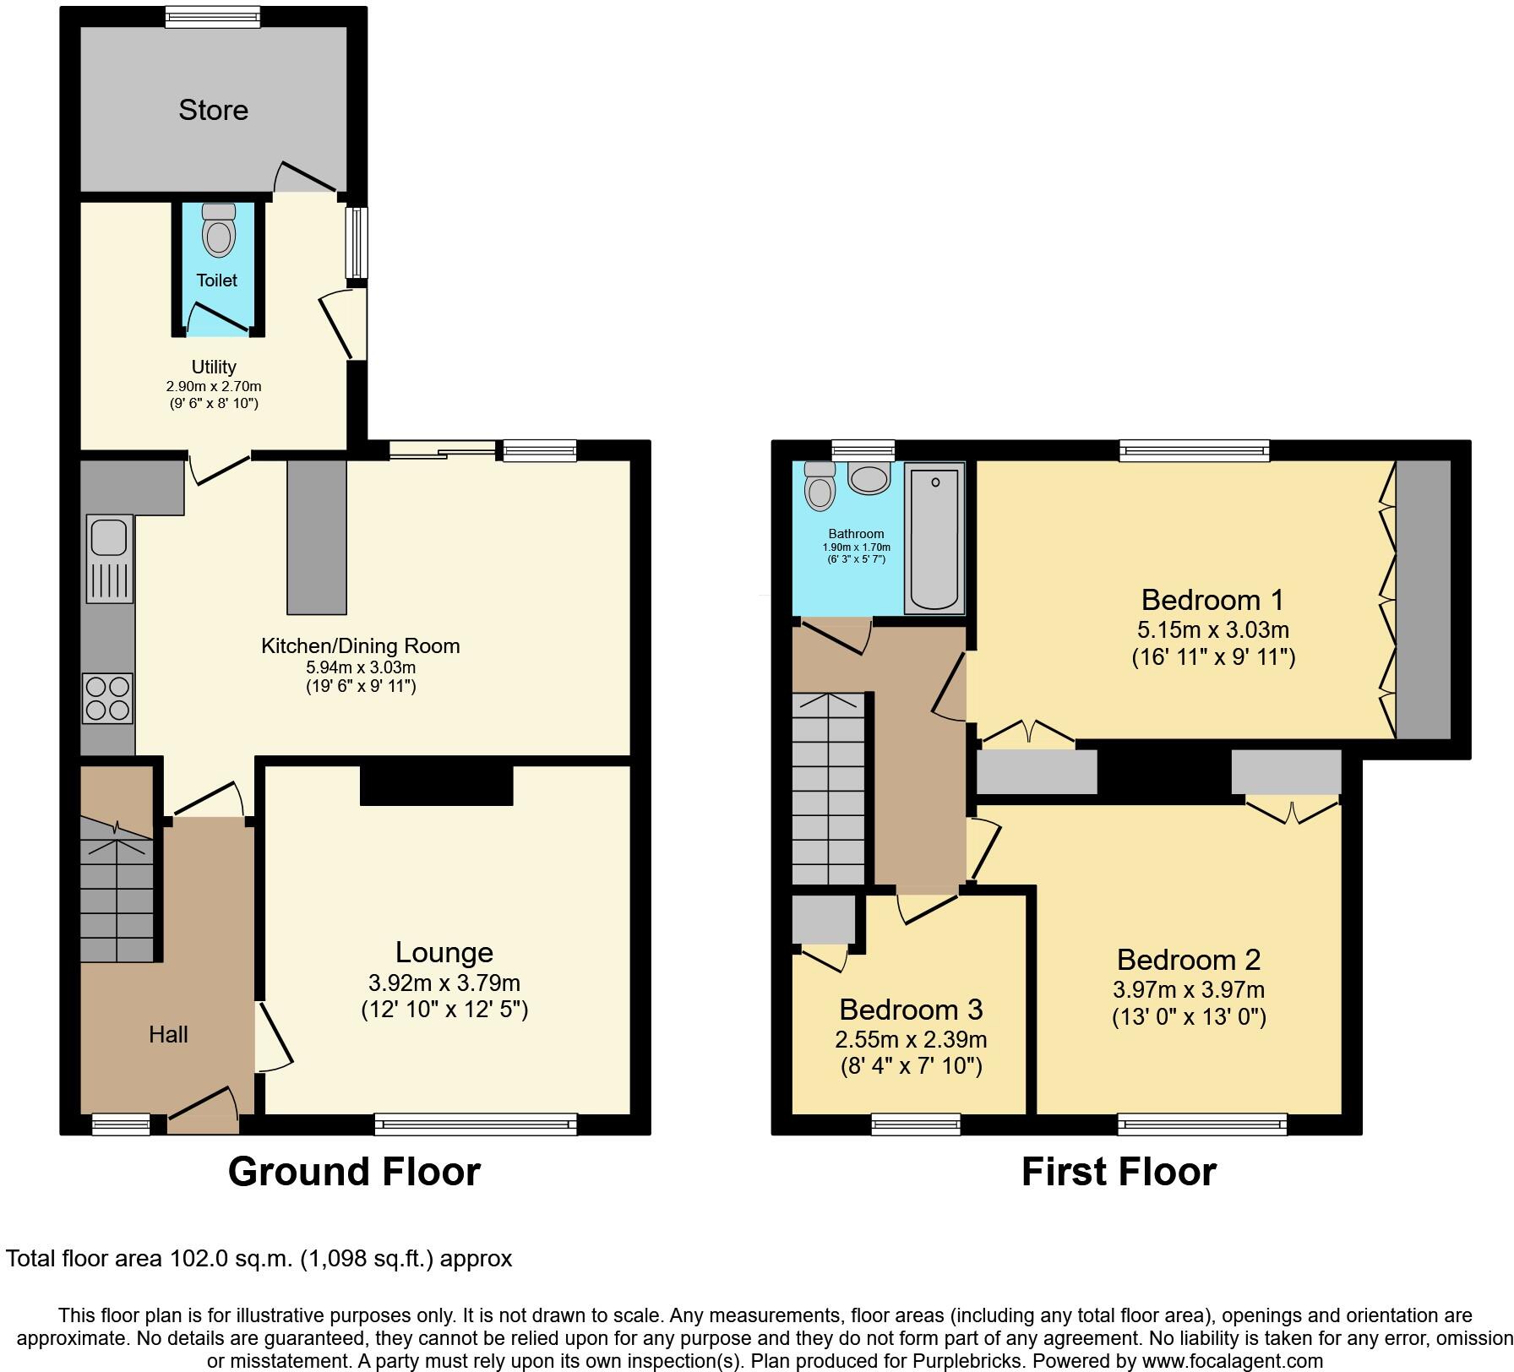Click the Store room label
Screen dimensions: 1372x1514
click(x=213, y=110)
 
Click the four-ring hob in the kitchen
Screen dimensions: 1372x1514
click(x=107, y=698)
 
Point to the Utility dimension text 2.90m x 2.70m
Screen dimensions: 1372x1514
click(x=213, y=386)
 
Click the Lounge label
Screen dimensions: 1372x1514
click(x=444, y=952)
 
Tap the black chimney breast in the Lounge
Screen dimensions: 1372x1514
click(x=436, y=785)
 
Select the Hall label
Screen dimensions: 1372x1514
click(x=168, y=1034)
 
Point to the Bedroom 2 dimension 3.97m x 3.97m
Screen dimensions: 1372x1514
click(x=1188, y=989)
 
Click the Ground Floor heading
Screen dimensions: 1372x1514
click(x=354, y=1172)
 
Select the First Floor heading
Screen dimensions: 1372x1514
click(x=1119, y=1172)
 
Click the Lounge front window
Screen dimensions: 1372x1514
click(x=476, y=1124)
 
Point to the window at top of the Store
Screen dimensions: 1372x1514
click(x=212, y=16)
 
